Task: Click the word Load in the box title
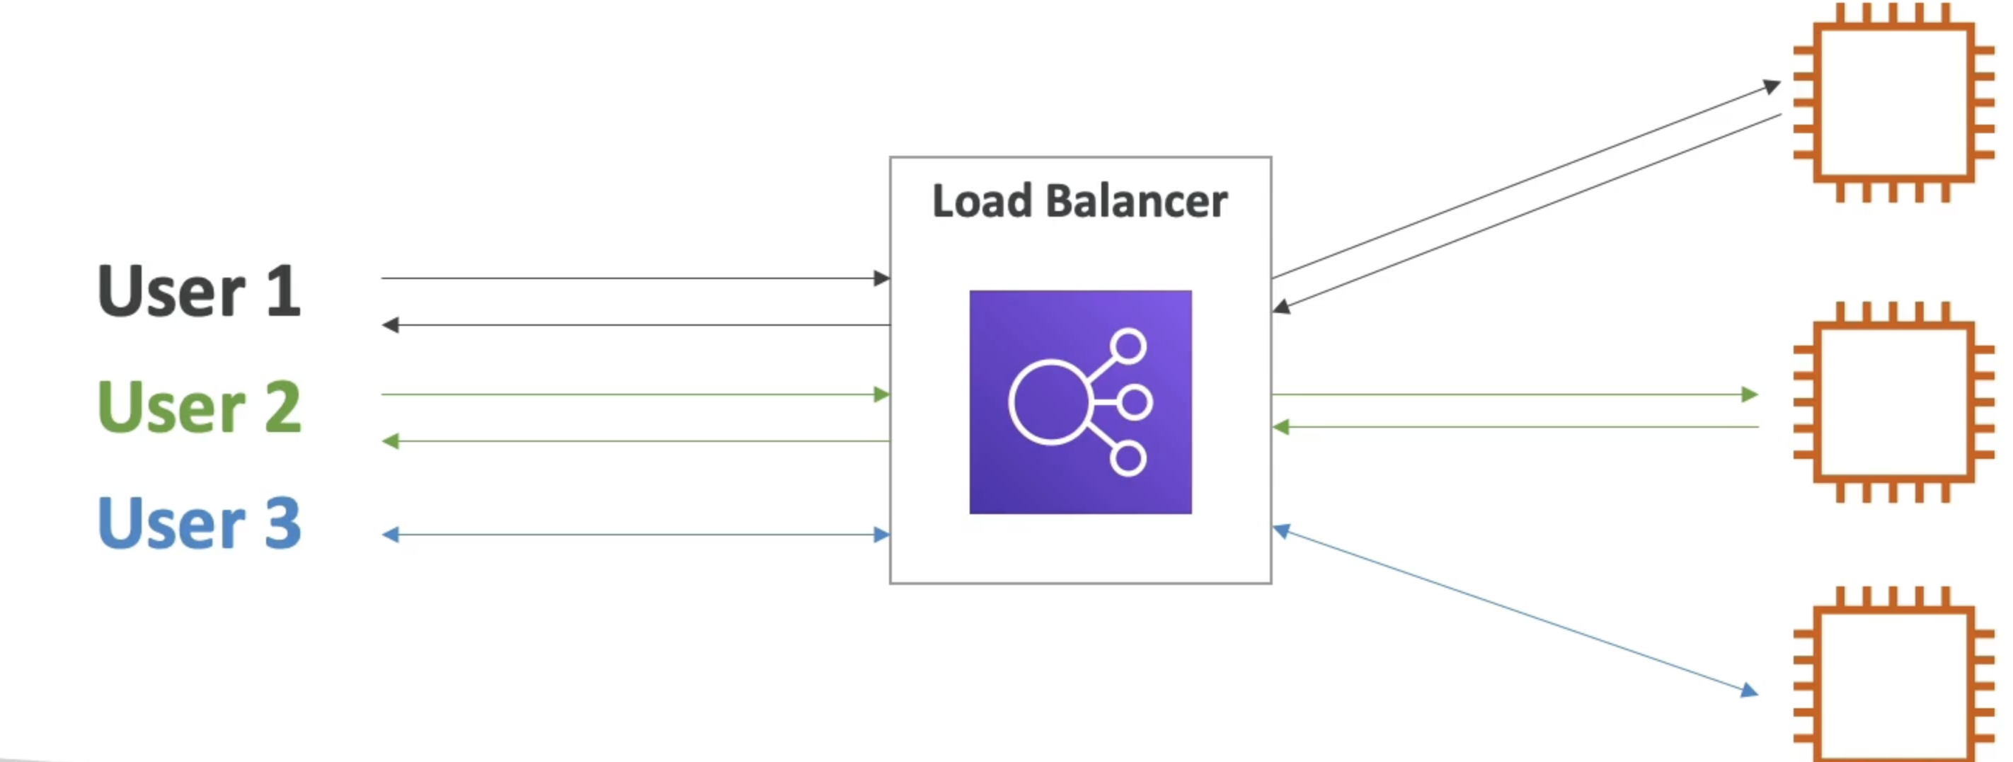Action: click(982, 202)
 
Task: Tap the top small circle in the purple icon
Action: click(1128, 346)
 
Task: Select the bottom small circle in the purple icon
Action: click(1128, 459)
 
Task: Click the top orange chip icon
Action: click(1893, 103)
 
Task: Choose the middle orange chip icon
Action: click(1893, 401)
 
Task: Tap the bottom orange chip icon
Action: click(1893, 676)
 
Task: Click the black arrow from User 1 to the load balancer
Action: click(633, 278)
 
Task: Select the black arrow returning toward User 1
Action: click(633, 325)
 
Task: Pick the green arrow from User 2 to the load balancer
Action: click(633, 394)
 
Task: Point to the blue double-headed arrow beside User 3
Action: click(633, 535)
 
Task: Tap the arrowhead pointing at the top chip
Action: click(1772, 85)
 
